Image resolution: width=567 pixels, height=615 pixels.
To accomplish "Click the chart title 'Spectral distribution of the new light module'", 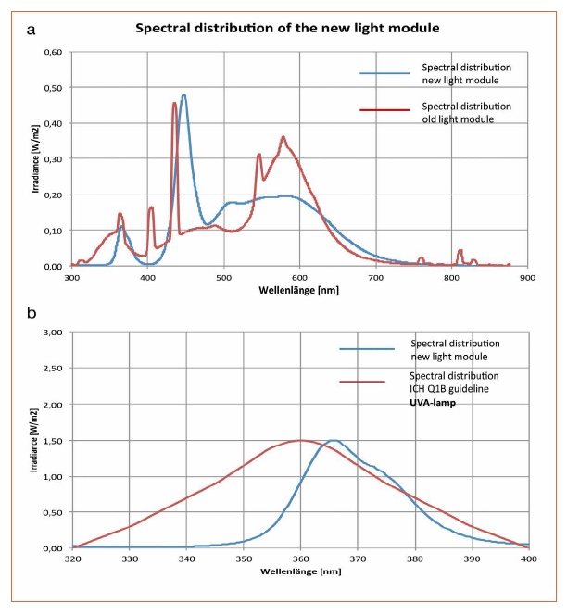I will click(287, 27).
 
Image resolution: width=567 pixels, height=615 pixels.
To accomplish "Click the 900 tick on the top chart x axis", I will click(526, 277).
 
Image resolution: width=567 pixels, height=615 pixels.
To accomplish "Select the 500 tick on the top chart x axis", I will click(223, 277).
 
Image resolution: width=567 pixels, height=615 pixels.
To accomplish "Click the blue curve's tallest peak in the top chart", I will click(184, 94).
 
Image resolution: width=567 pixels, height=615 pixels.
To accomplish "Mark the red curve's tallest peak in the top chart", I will click(174, 103).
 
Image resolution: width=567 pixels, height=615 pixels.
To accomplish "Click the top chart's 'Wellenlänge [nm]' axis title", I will click(299, 288).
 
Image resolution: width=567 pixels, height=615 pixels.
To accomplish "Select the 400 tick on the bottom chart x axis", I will click(527, 559).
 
